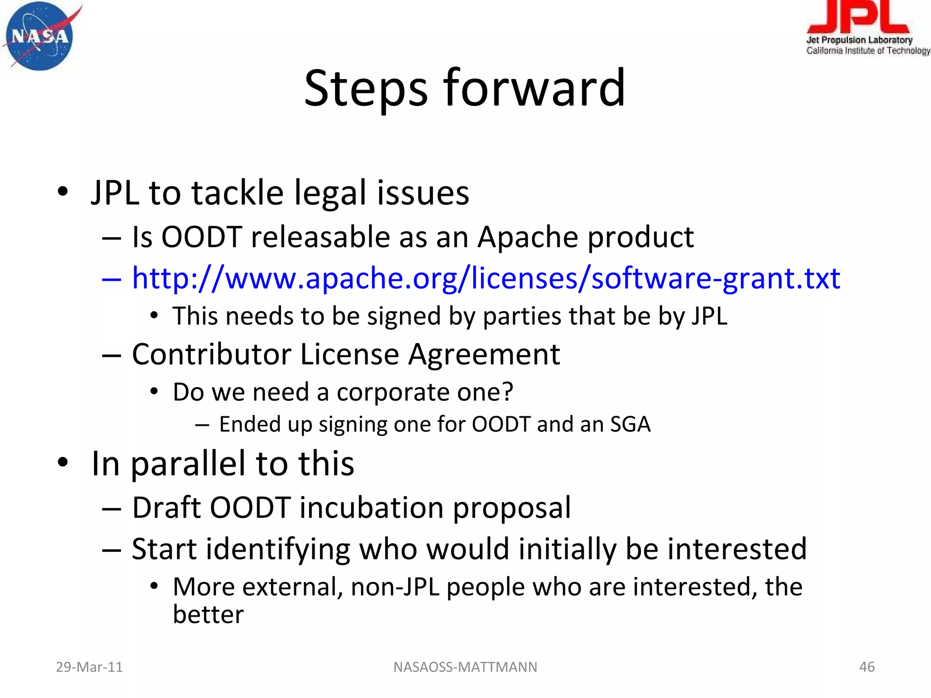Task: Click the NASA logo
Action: click(40, 36)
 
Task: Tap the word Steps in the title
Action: click(366, 89)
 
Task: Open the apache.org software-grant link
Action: click(486, 278)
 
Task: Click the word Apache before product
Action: click(527, 237)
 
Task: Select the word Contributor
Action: click(211, 354)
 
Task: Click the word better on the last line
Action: click(208, 615)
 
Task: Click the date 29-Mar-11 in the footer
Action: click(89, 667)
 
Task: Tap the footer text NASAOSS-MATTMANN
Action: click(465, 667)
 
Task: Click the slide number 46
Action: click(866, 667)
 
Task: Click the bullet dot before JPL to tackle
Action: click(63, 192)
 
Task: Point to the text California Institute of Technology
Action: click(867, 50)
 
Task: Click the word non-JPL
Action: click(395, 587)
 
